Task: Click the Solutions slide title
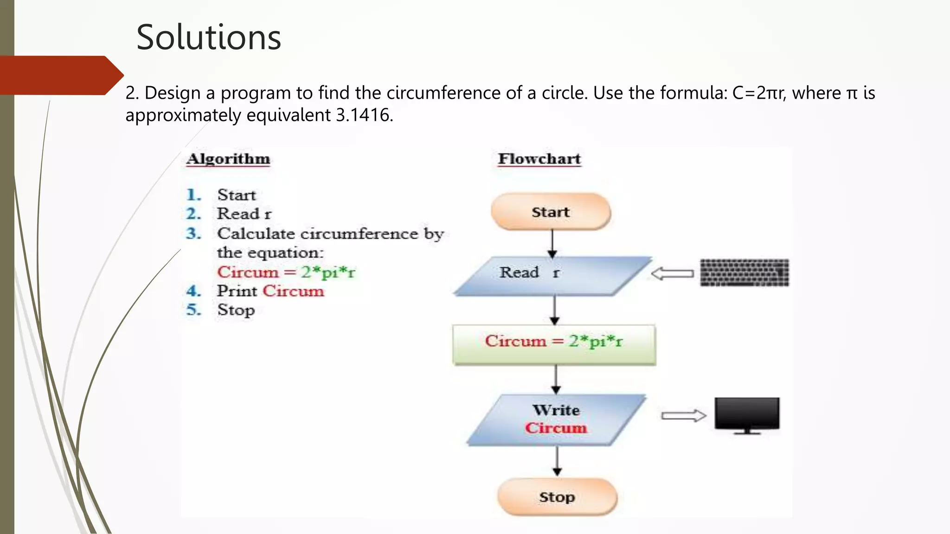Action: tap(209, 37)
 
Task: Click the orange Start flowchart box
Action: tap(551, 212)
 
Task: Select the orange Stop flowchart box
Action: tap(557, 497)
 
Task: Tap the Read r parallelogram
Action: tap(552, 276)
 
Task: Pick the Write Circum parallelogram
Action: tap(556, 420)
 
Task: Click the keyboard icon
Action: tap(744, 273)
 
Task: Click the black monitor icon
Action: tap(747, 414)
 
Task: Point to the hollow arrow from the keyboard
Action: tap(672, 273)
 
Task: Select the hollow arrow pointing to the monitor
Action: tap(683, 415)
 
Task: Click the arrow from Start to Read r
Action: tap(552, 243)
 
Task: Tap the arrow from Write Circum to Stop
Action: tap(557, 461)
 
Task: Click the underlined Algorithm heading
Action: tap(228, 159)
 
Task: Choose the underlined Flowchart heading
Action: tap(539, 159)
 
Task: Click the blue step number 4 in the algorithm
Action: tap(193, 291)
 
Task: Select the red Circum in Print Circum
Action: tap(293, 291)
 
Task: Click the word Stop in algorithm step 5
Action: tap(236, 310)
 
